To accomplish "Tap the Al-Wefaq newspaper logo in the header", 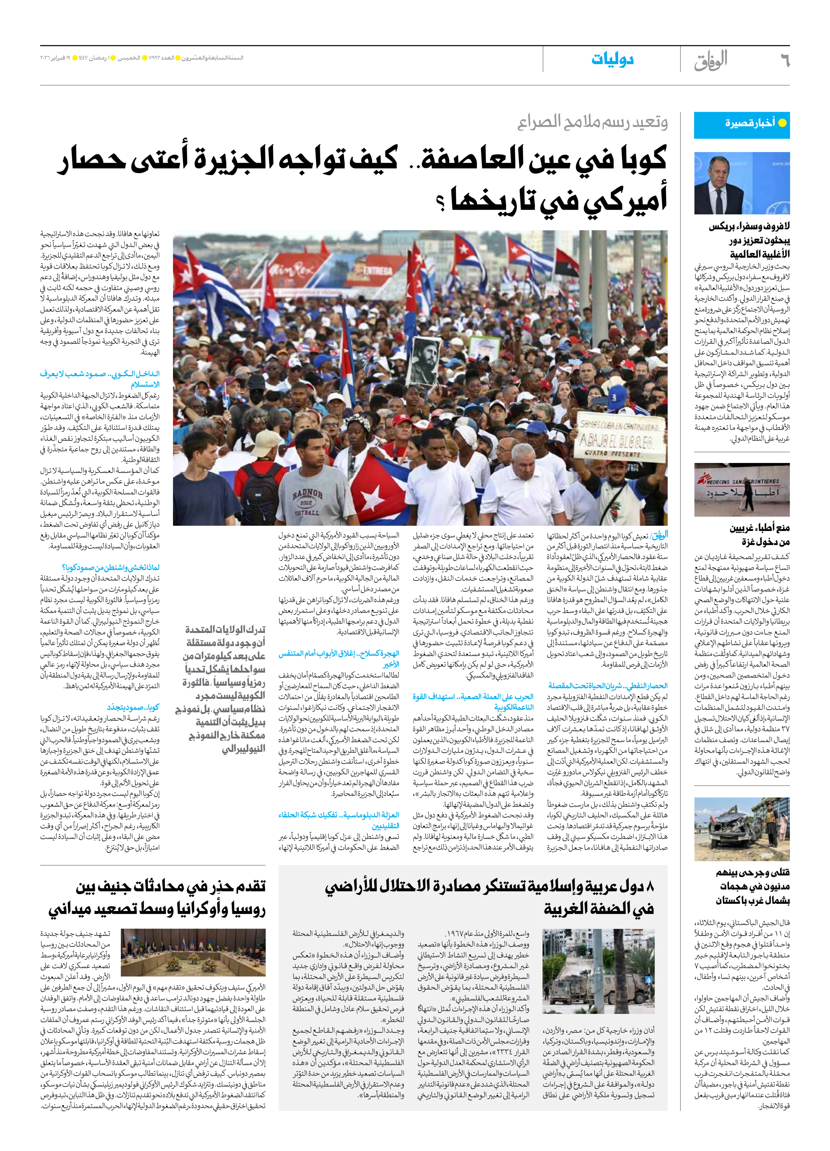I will pos(711,61).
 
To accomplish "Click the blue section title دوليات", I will pos(612,60).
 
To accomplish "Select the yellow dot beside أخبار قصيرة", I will pos(782,123).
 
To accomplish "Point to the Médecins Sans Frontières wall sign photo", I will pos(742,489).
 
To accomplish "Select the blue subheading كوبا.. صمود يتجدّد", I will pos(133,707).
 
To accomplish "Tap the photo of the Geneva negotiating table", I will pos(193,952).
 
